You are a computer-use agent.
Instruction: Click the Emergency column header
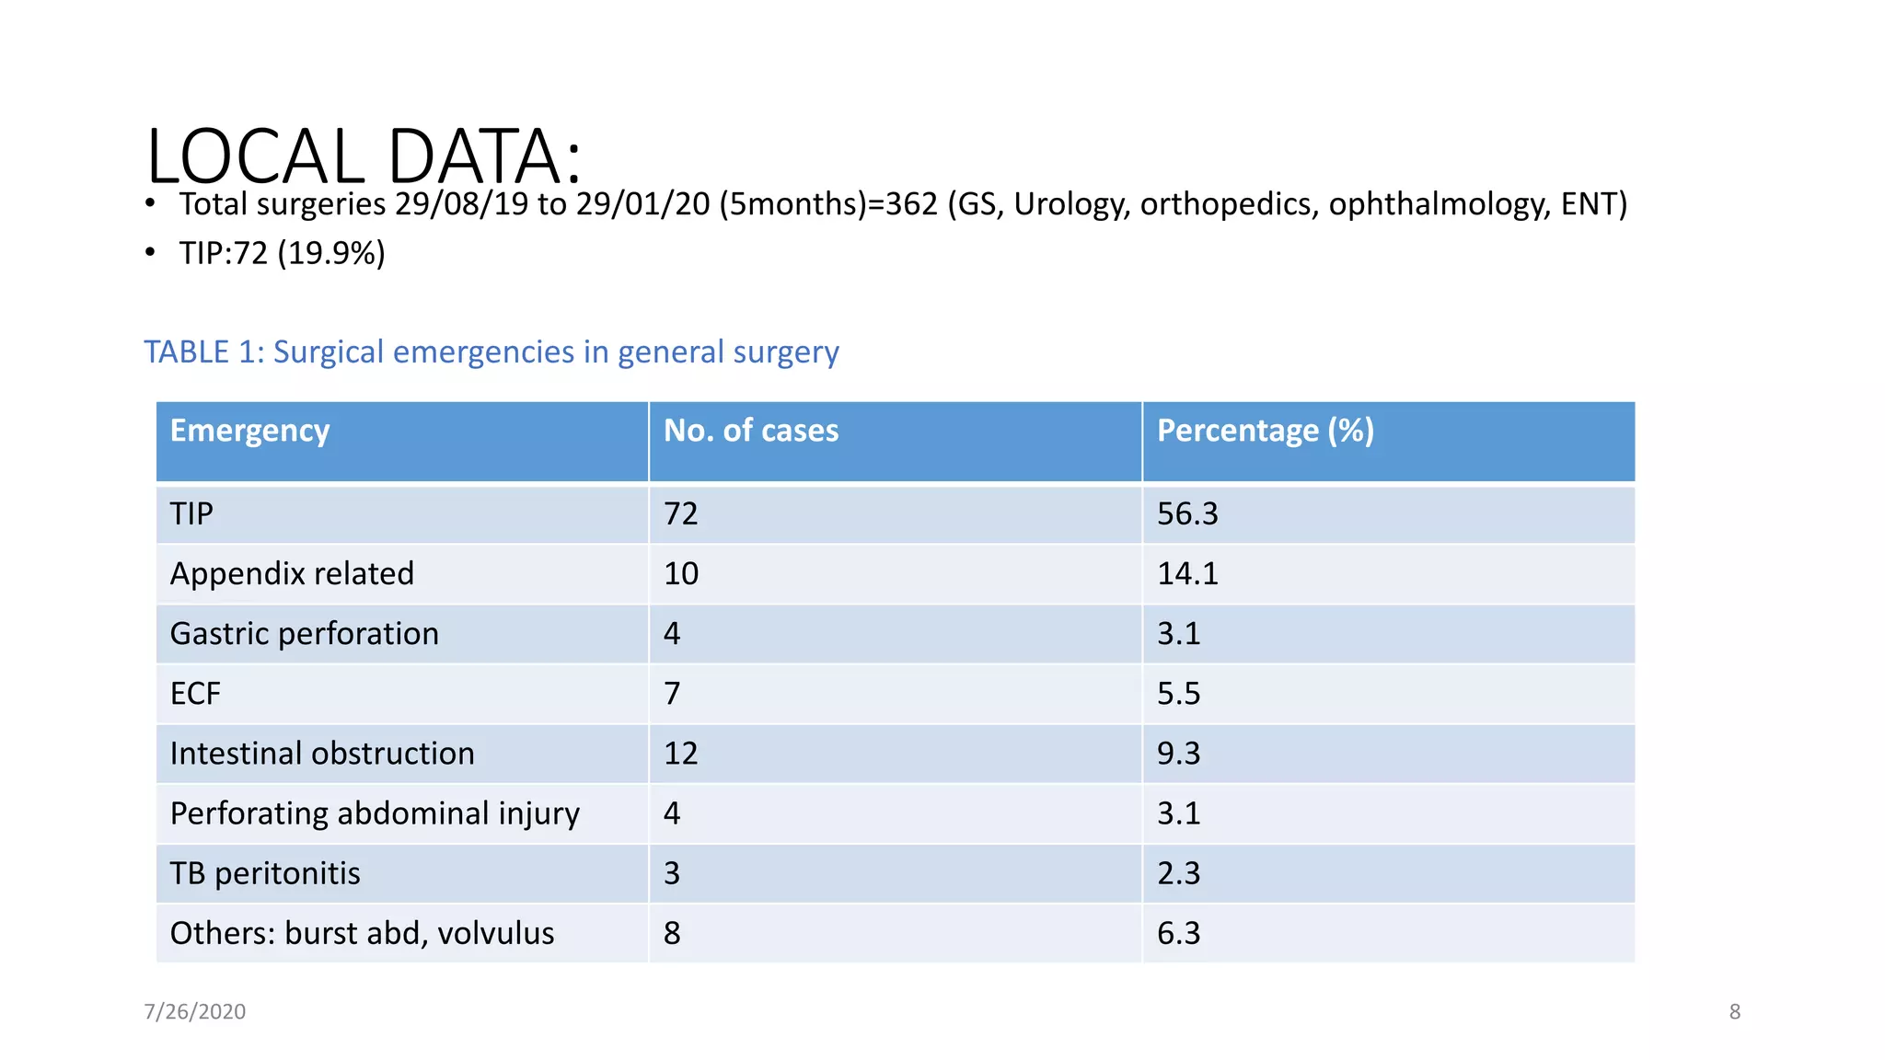coord(249,431)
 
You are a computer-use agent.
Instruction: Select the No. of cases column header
coord(750,431)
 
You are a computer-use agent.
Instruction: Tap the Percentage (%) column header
coord(1265,431)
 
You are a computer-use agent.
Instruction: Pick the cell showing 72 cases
coord(681,513)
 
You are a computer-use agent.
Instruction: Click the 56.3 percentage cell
coord(1187,513)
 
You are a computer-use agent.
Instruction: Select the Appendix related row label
coord(292,573)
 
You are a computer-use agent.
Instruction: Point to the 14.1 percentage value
coord(1187,573)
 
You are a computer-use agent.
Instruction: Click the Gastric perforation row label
coord(304,633)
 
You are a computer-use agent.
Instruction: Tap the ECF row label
coord(195,693)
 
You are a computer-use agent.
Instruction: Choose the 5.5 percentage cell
coord(1178,693)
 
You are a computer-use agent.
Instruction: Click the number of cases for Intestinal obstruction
coord(681,753)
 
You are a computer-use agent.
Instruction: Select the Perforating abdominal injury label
coord(375,813)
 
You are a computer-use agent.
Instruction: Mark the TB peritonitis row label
coord(265,873)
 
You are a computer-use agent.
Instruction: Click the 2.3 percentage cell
coord(1178,873)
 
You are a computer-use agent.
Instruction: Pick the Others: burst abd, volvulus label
coord(362,933)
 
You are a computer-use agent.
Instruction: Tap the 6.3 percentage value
coord(1178,933)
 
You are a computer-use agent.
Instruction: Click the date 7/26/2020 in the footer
coord(194,1011)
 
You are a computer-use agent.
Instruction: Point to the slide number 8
coord(1734,1011)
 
